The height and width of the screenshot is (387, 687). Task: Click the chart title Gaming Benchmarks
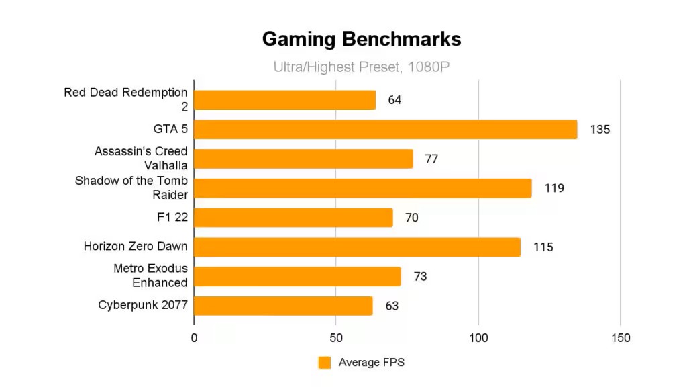pyautogui.click(x=361, y=39)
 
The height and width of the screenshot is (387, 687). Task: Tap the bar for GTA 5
pyautogui.click(x=386, y=130)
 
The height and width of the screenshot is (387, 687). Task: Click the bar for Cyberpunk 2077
pyautogui.click(x=283, y=306)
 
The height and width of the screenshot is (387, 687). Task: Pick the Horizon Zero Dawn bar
pyautogui.click(x=357, y=247)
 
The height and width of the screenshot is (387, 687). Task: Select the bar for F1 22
pyautogui.click(x=293, y=218)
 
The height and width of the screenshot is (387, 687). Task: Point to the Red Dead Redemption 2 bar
pyautogui.click(x=285, y=100)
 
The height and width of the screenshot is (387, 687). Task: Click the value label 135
pyautogui.click(x=600, y=130)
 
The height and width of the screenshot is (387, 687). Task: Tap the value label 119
pyautogui.click(x=554, y=188)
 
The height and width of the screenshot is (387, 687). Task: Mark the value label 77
pyautogui.click(x=432, y=159)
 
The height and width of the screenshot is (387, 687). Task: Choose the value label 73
pyautogui.click(x=420, y=276)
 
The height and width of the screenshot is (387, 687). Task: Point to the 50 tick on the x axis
pyautogui.click(x=336, y=338)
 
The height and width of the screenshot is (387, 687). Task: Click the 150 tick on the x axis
pyautogui.click(x=621, y=338)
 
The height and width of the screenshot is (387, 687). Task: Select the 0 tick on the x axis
pyautogui.click(x=194, y=338)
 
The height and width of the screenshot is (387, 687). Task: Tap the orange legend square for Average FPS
pyautogui.click(x=325, y=363)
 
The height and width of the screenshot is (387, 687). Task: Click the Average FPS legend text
pyautogui.click(x=371, y=363)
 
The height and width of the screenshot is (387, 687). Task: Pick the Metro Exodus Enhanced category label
pyautogui.click(x=150, y=276)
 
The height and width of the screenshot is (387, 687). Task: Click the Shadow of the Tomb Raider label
pyautogui.click(x=131, y=188)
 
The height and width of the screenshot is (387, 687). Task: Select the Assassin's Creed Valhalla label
pyautogui.click(x=142, y=159)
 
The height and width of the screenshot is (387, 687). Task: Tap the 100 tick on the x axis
pyautogui.click(x=478, y=338)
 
